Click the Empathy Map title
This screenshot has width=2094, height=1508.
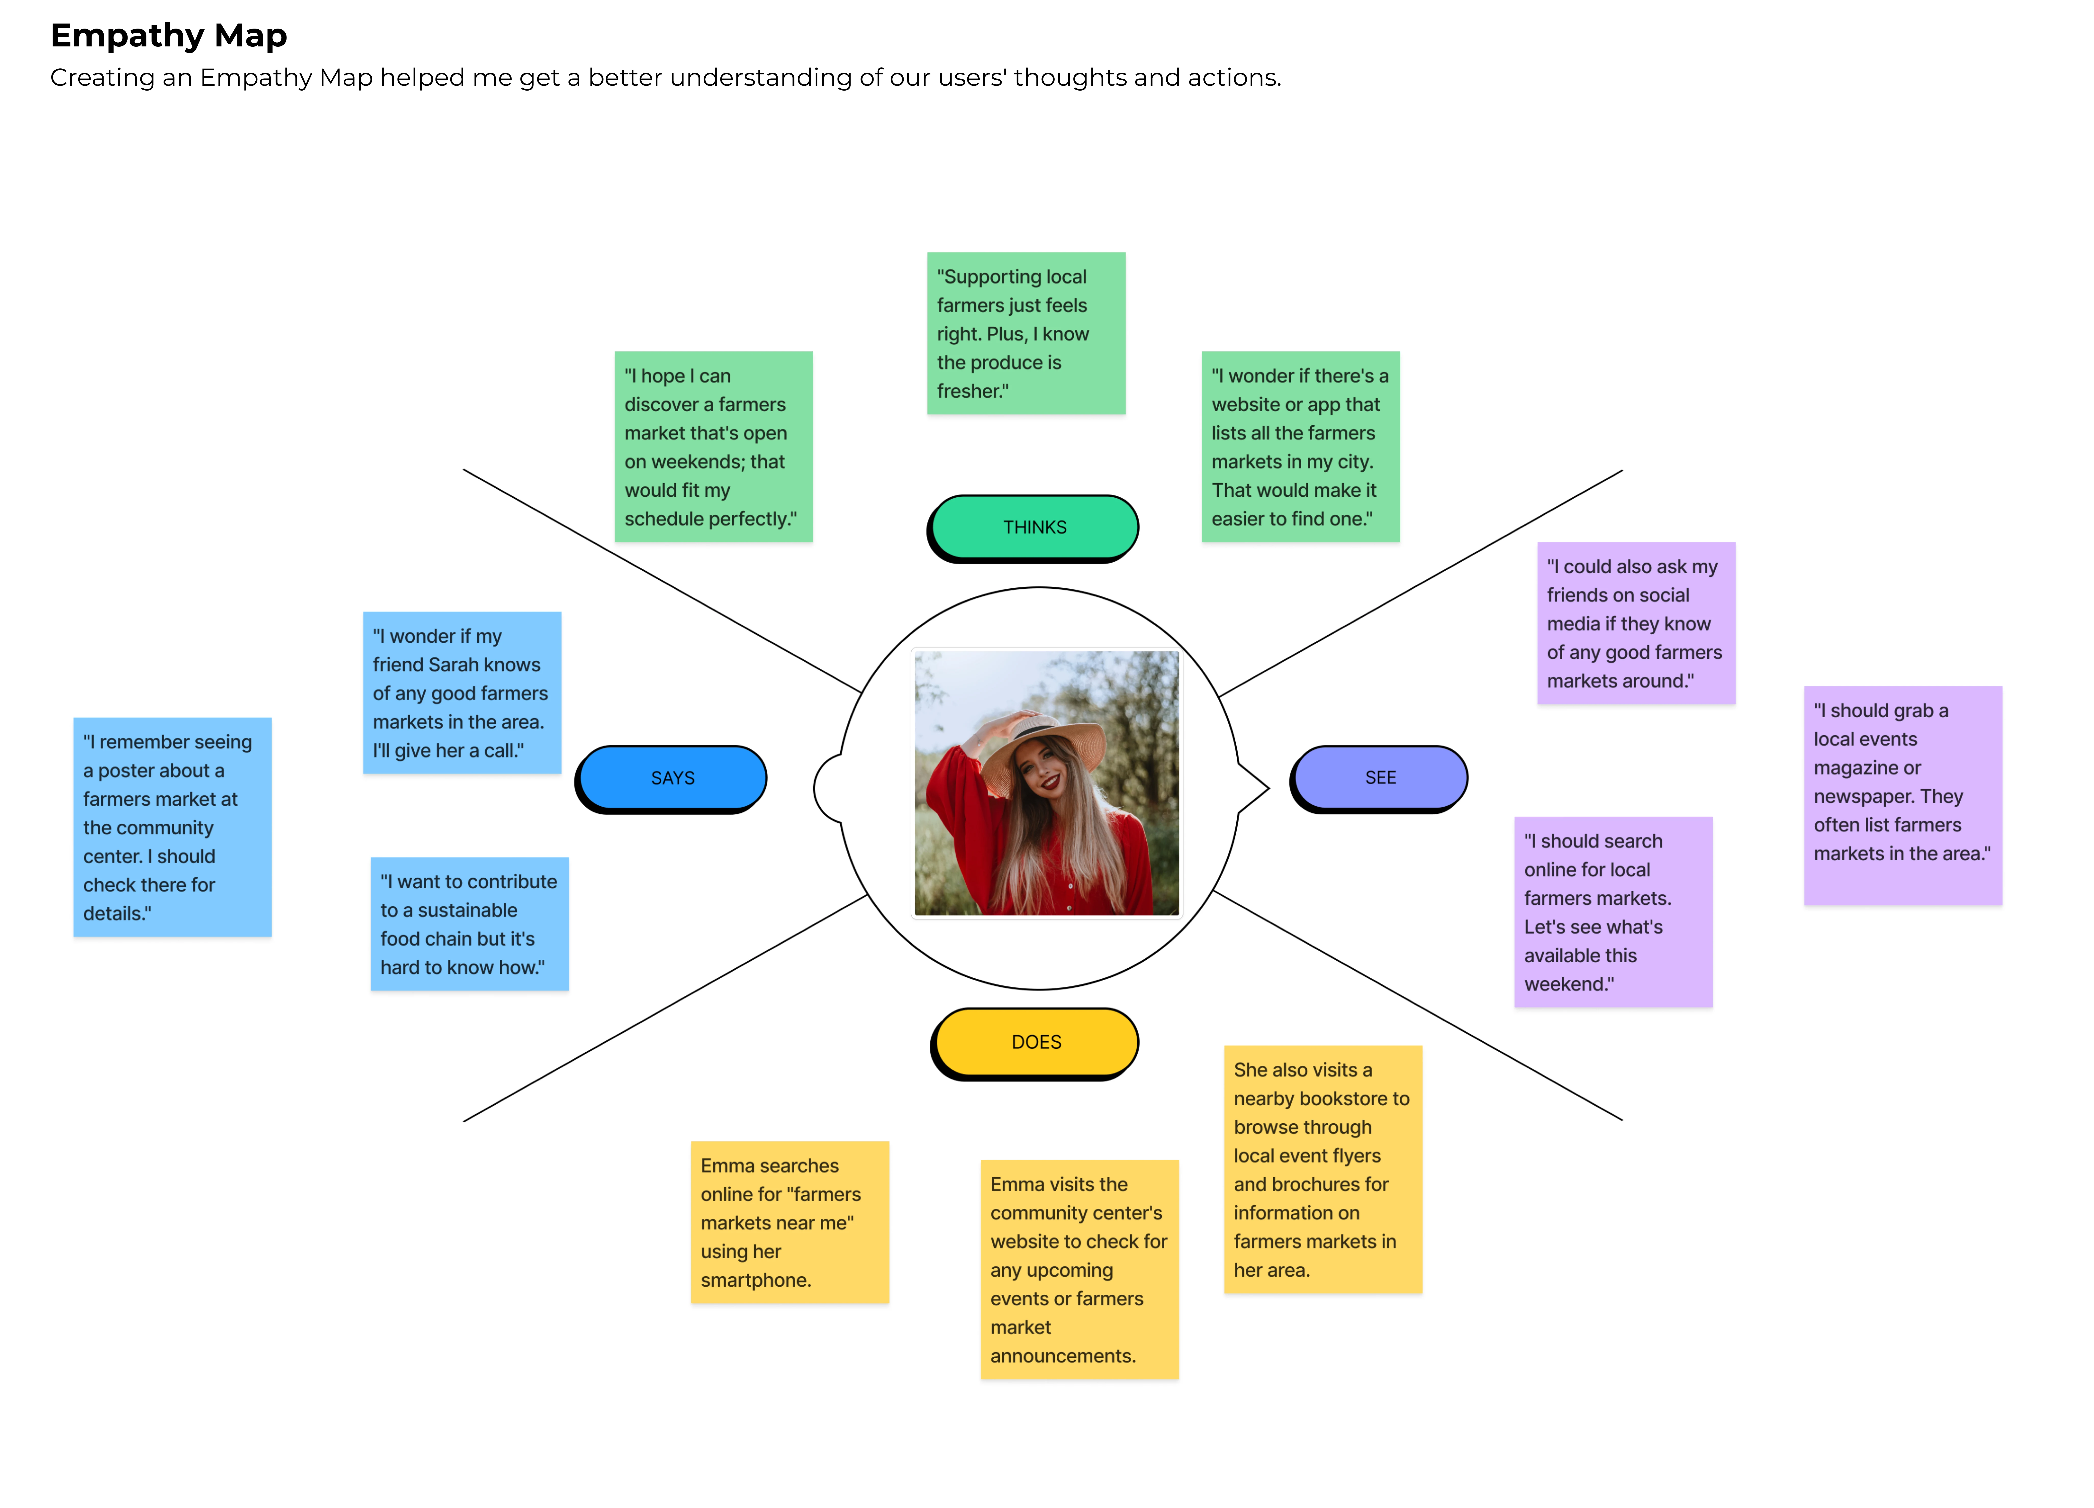tap(169, 35)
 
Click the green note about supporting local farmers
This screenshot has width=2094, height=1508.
tap(1026, 333)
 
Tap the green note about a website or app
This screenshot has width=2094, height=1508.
tap(1300, 447)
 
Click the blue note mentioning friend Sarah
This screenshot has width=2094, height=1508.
tap(462, 693)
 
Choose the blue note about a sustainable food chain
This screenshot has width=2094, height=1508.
tap(469, 924)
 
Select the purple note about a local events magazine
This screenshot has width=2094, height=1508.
tap(1903, 796)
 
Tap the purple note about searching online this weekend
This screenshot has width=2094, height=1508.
tap(1613, 912)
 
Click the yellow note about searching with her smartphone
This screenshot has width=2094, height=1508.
tap(789, 1223)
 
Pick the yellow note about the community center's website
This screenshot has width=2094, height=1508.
tap(1079, 1270)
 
